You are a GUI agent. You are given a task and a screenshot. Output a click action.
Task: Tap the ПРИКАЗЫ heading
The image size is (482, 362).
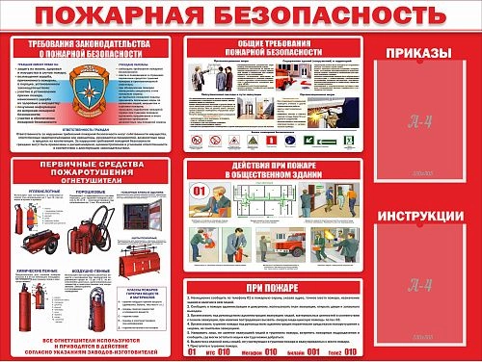click(x=415, y=52)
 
